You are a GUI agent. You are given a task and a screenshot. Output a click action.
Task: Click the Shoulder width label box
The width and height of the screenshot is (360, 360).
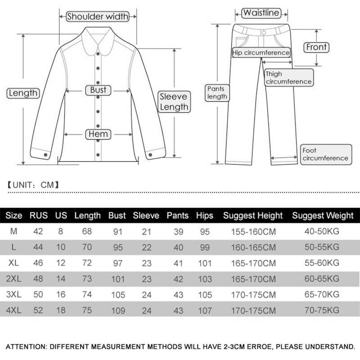(x=98, y=17)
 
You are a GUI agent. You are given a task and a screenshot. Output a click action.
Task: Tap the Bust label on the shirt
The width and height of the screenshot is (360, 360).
(x=98, y=90)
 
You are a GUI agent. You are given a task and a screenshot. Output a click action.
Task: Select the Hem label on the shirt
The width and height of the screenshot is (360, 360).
(x=98, y=134)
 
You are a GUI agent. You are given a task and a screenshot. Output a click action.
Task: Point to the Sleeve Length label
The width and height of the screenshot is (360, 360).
(x=174, y=102)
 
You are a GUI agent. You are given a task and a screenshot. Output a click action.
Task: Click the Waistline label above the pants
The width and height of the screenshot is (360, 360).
(x=261, y=13)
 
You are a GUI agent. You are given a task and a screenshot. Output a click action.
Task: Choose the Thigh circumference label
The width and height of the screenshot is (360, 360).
(x=288, y=78)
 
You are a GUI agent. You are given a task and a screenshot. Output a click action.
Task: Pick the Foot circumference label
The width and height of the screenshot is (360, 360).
(x=325, y=154)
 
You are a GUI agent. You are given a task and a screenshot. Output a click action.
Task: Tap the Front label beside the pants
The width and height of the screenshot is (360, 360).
(x=317, y=47)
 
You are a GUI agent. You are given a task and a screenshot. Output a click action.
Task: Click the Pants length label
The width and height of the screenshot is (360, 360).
(x=217, y=93)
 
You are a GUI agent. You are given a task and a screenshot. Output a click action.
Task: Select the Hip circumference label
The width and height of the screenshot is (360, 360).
(x=261, y=53)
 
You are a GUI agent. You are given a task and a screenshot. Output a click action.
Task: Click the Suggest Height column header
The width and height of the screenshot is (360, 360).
(x=253, y=216)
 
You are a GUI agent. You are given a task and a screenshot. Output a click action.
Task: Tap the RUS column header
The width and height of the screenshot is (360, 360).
(x=39, y=216)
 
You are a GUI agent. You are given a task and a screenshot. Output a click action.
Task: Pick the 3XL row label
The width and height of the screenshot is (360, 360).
(x=14, y=295)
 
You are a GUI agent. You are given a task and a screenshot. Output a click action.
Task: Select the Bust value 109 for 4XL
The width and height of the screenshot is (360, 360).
(x=117, y=310)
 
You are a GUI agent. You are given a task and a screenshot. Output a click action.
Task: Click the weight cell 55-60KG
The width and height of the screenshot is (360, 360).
(x=322, y=263)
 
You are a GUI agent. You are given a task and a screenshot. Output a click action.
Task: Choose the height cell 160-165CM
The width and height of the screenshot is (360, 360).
(x=253, y=247)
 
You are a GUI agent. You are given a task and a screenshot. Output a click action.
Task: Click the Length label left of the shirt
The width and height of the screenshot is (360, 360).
(x=23, y=93)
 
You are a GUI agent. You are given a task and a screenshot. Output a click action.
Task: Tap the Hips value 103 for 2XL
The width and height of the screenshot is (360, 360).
(x=204, y=279)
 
